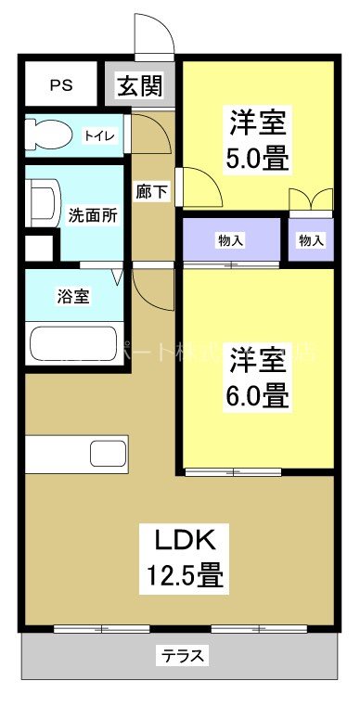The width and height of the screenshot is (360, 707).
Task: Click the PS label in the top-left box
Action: point(60,85)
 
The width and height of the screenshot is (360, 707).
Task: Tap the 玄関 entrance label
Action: point(140,86)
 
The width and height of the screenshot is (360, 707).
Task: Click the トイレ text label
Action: point(100,136)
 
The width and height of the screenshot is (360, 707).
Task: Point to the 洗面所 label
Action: point(94,215)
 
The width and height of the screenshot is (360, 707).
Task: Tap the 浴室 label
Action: point(73,297)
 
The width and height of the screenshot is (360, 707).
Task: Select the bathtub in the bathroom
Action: point(72,343)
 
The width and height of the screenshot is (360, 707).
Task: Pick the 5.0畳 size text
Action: point(257,160)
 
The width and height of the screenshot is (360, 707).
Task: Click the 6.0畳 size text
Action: point(257,396)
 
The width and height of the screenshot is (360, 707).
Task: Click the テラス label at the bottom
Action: point(184,656)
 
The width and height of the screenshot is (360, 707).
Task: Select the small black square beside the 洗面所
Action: point(38,249)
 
